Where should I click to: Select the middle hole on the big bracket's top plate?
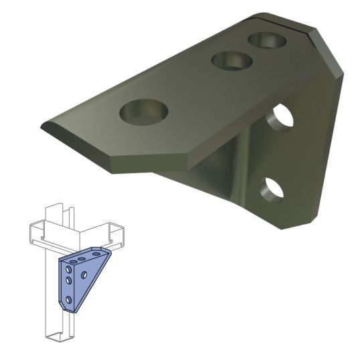[x=230, y=62]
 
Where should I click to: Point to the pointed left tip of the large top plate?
[x=44, y=126]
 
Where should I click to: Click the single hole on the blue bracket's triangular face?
[x=84, y=274]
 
